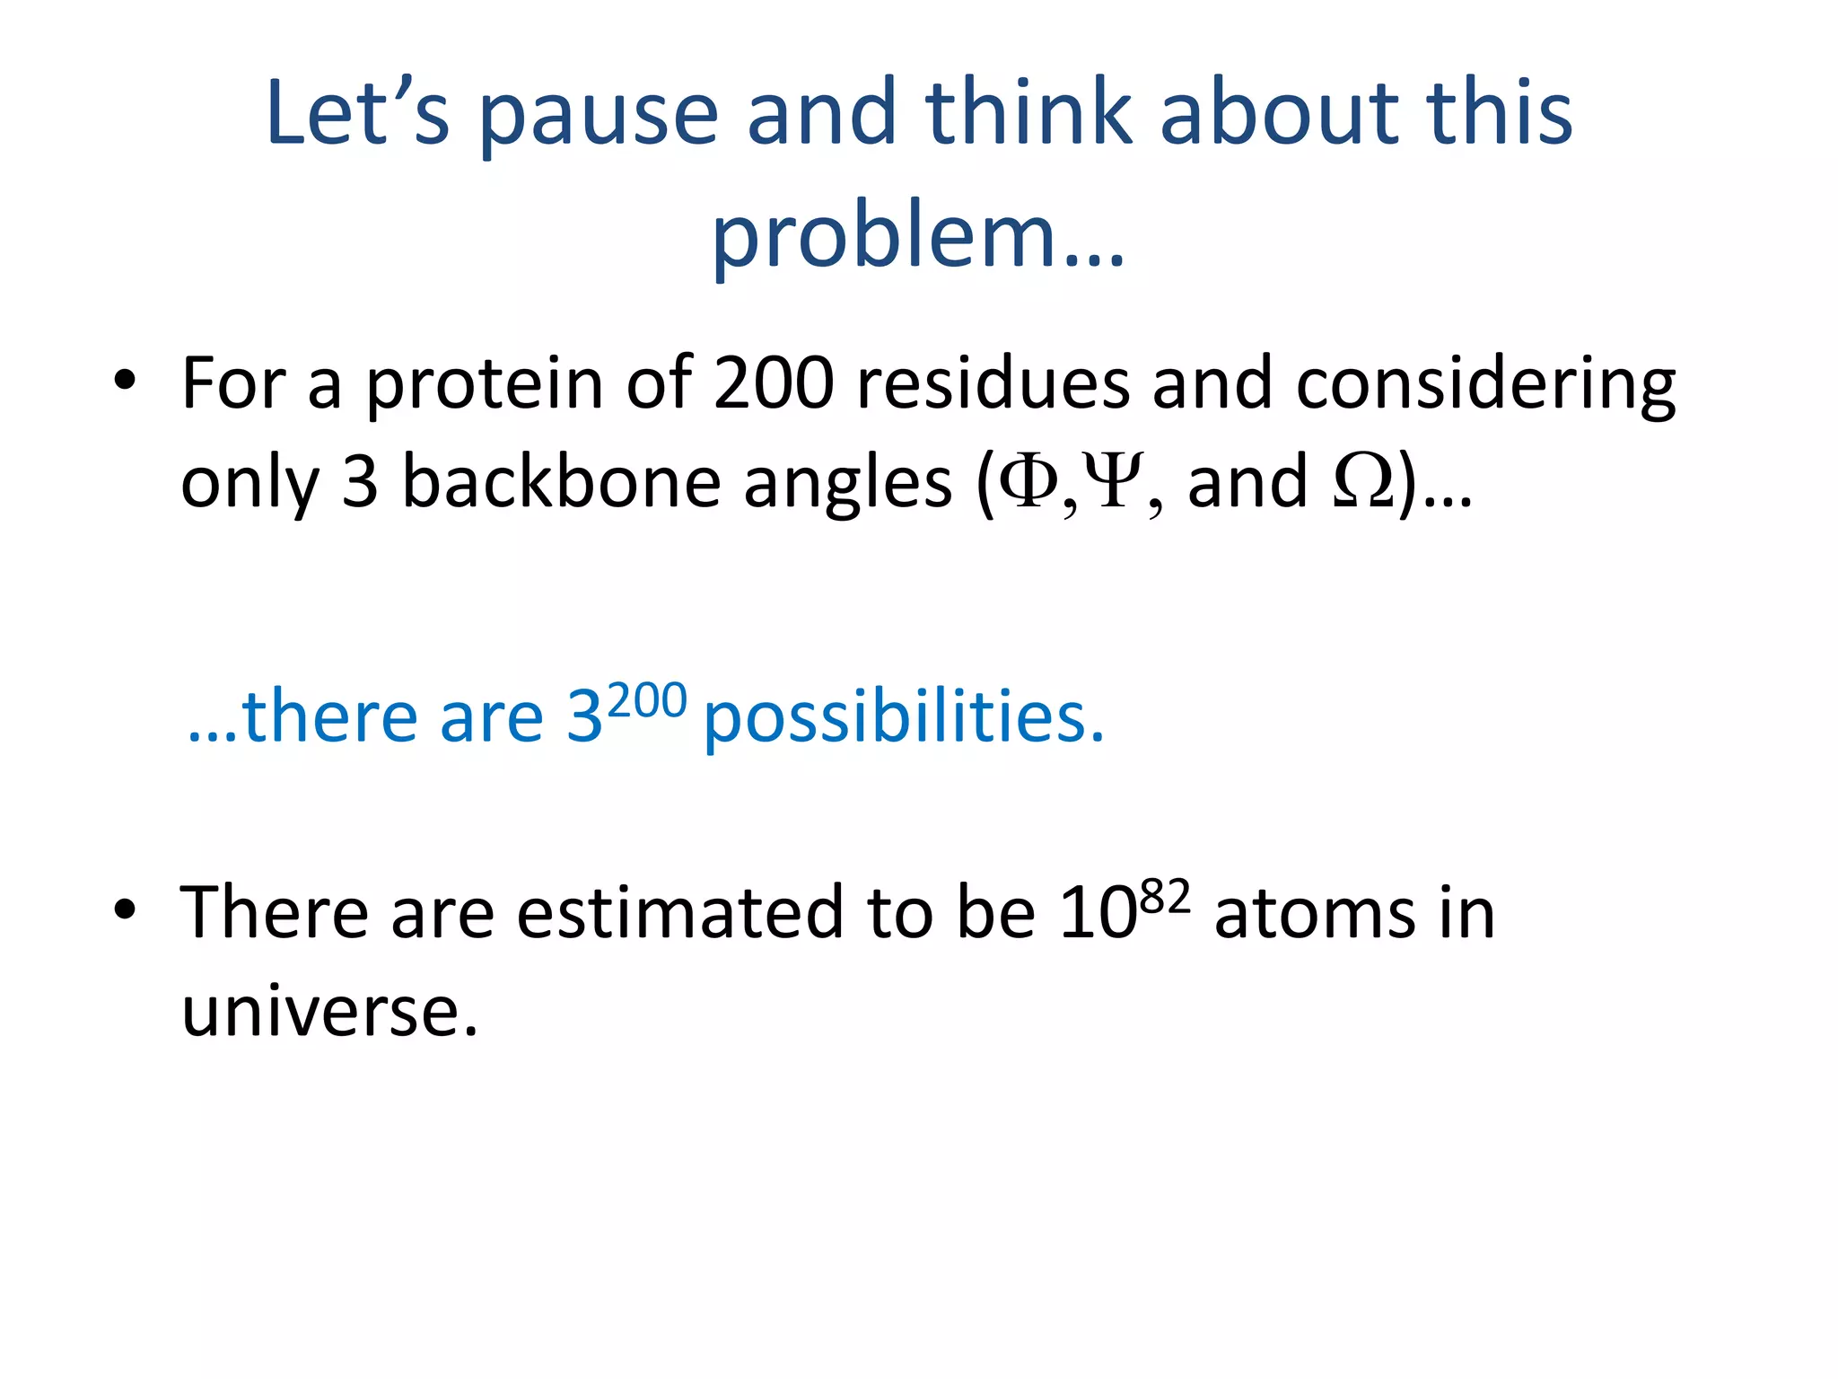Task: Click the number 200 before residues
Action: (774, 383)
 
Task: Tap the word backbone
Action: (561, 482)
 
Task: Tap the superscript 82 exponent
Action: (1165, 896)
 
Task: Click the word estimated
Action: (679, 914)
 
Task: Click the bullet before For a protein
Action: (125, 381)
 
